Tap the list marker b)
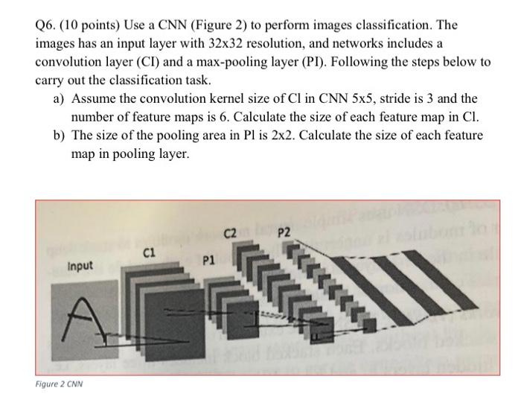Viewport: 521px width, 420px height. coord(59,136)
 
